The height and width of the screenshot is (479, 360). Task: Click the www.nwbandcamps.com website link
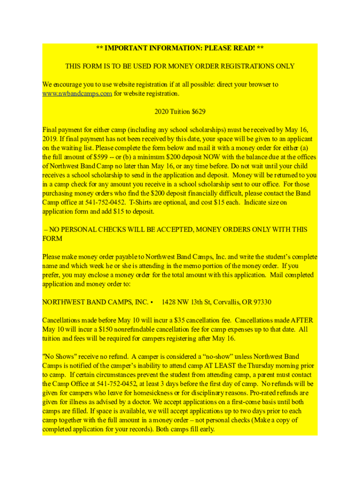77,94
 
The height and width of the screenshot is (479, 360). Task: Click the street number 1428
169,302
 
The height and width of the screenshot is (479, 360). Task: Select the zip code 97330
260,302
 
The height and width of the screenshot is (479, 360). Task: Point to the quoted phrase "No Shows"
59,356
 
